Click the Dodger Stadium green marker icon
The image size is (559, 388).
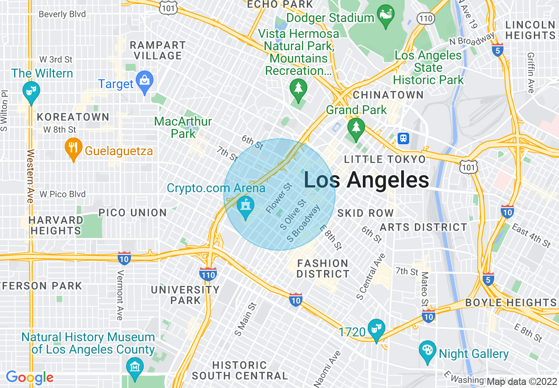click(x=386, y=17)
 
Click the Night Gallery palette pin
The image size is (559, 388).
click(x=427, y=351)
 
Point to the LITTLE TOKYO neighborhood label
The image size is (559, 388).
click(x=385, y=160)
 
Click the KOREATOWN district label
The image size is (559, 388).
click(x=73, y=117)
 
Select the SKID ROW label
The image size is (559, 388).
click(x=365, y=213)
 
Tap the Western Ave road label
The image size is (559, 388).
click(x=30, y=176)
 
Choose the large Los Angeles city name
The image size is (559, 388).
click(x=366, y=180)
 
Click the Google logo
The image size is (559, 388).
click(x=30, y=377)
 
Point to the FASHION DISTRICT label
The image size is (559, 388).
click(x=323, y=269)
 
